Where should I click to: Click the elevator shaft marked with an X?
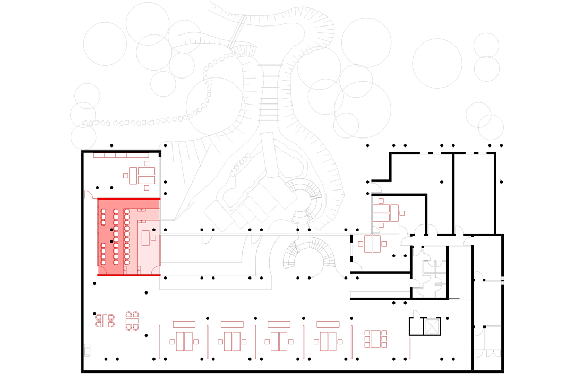pyautogui.click(x=433, y=327)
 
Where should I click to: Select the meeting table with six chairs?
pyautogui.click(x=375, y=339)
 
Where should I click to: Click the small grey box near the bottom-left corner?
pyautogui.click(x=87, y=350)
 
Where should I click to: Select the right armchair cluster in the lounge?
pyautogui.click(x=132, y=321)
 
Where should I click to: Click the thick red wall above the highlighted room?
pyautogui.click(x=129, y=198)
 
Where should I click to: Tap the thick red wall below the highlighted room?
pyautogui.click(x=129, y=275)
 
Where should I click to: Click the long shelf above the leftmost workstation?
pyautogui.click(x=184, y=324)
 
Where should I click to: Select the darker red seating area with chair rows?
pyautogui.click(x=117, y=237)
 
